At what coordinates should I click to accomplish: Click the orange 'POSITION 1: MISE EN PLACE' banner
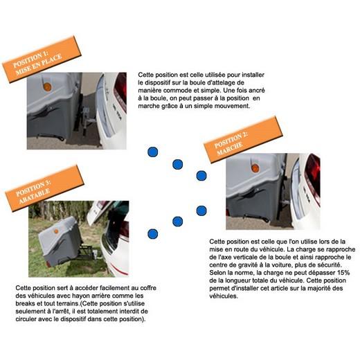[x=42, y=59]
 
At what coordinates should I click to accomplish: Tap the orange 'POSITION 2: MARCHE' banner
[x=243, y=140]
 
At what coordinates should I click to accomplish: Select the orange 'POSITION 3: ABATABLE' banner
[x=44, y=188]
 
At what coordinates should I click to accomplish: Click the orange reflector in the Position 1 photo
[x=47, y=87]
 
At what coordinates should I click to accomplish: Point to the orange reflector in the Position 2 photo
[x=255, y=168]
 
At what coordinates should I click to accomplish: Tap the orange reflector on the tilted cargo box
[x=56, y=231]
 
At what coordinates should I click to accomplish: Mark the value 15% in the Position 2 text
[x=343, y=273]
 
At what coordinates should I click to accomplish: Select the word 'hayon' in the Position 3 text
[x=81, y=296]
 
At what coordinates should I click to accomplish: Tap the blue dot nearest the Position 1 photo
[x=153, y=152]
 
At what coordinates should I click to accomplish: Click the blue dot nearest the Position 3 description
[x=153, y=234]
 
